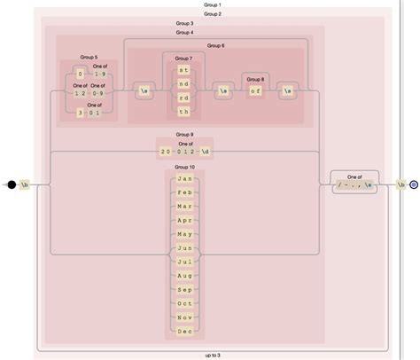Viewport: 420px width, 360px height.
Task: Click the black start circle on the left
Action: pos(12,184)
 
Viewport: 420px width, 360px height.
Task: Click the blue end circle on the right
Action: pos(414,184)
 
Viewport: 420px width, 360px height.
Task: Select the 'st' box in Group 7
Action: pos(183,68)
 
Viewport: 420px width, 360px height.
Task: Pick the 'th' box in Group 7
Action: pos(183,113)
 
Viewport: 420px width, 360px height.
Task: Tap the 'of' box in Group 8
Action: pos(255,90)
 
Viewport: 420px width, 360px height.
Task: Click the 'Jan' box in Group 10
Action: pos(184,179)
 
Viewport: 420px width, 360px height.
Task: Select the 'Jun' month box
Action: pos(184,248)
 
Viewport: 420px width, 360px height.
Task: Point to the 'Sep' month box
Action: pos(184,289)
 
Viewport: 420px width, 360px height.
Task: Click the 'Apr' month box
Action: pos(184,220)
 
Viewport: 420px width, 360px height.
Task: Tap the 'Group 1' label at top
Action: pos(213,4)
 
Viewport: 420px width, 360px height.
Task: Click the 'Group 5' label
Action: pos(89,57)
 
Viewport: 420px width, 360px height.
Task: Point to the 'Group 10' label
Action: pos(184,167)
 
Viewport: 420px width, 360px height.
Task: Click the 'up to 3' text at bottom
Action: pos(213,355)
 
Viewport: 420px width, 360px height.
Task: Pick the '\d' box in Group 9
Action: pos(206,152)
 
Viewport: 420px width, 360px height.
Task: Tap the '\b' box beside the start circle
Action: pos(26,184)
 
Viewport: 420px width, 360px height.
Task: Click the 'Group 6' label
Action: pos(215,45)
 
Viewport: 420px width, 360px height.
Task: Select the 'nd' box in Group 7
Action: pos(183,82)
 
